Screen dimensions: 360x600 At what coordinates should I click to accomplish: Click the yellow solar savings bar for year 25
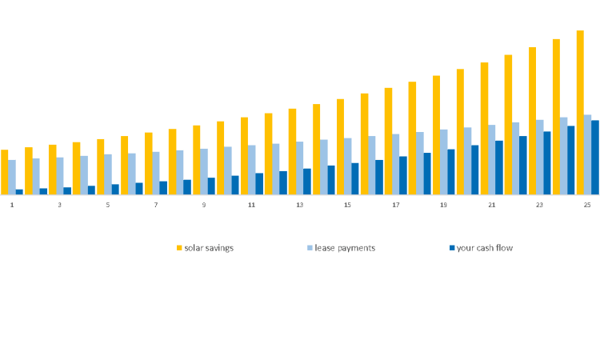click(x=580, y=112)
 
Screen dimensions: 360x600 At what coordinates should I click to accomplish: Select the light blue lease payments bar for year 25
click(x=588, y=154)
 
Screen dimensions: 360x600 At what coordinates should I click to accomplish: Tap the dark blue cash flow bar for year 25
click(x=595, y=158)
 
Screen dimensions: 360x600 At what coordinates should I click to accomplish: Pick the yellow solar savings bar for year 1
click(x=5, y=172)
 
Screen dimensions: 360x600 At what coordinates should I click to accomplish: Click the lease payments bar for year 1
click(x=12, y=177)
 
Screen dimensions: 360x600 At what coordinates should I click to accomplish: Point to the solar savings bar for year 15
click(x=340, y=146)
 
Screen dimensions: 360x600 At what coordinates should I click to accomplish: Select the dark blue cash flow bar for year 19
click(x=451, y=172)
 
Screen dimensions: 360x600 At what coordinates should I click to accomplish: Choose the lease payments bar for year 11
click(x=252, y=170)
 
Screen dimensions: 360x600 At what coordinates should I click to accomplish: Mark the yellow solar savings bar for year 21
click(x=484, y=128)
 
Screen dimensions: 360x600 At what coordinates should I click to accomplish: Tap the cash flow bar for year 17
click(x=403, y=175)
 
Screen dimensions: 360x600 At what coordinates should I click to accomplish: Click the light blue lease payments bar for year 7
click(x=156, y=173)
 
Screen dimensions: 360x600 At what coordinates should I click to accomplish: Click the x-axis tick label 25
click(x=587, y=206)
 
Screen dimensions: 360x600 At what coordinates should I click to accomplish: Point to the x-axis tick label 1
click(x=12, y=206)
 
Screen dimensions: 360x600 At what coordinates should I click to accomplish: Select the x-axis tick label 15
click(x=347, y=206)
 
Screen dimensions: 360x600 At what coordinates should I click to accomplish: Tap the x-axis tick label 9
click(x=203, y=206)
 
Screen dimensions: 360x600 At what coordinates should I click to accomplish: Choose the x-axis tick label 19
click(x=443, y=206)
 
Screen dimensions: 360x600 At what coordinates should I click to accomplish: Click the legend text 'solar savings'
click(x=209, y=248)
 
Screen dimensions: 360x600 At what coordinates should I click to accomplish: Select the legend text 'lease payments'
click(x=345, y=248)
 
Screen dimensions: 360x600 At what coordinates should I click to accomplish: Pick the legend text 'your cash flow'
click(x=485, y=248)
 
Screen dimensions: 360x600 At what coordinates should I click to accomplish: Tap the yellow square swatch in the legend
click(x=180, y=248)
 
